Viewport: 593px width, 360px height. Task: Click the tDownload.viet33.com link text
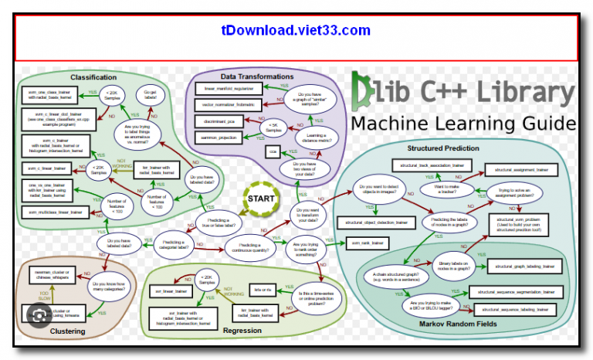(296, 31)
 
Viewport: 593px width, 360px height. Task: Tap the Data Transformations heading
(256, 76)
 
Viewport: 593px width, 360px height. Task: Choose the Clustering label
(68, 331)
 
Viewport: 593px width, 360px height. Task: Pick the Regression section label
(242, 331)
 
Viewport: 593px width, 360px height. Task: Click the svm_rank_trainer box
(368, 243)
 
